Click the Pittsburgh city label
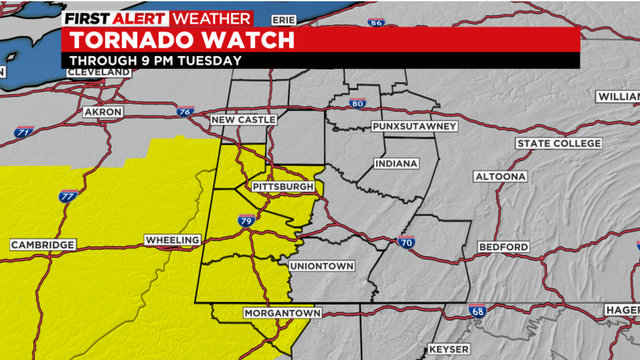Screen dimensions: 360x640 coord(283,187)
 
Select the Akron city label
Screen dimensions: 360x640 coord(104,111)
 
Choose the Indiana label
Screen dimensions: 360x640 coord(397,163)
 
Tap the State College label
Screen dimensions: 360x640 coord(561,144)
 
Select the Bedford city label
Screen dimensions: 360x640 coord(503,246)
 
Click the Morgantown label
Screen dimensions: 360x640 coord(282,314)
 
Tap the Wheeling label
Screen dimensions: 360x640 coord(172,241)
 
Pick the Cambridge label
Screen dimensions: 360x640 coord(43,245)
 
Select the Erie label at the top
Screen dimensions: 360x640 coord(285,19)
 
